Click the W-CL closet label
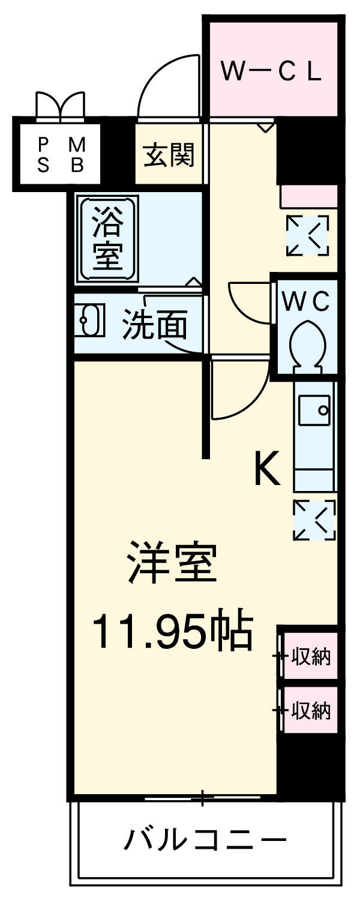[272, 71]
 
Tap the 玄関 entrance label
[169, 155]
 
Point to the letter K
[267, 469]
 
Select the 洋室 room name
[172, 563]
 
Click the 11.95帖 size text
[171, 631]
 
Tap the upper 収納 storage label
[311, 657]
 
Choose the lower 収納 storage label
[311, 711]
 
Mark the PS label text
[43, 155]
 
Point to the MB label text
[76, 155]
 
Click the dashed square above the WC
[307, 235]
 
